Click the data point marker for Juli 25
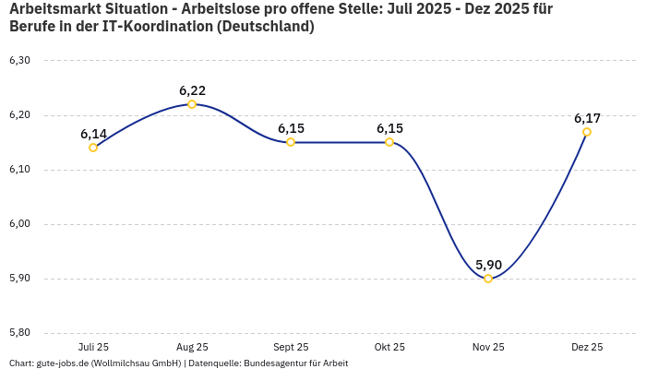click(93, 148)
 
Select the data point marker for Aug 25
click(192, 104)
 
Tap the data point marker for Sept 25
click(291, 142)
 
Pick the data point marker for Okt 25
click(389, 142)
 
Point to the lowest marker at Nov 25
click(488, 279)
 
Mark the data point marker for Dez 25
click(587, 132)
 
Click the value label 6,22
click(192, 90)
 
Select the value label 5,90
click(488, 265)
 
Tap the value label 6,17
click(587, 118)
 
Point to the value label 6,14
click(93, 134)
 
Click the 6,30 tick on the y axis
click(19, 61)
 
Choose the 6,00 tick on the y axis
click(19, 224)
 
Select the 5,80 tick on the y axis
click(19, 333)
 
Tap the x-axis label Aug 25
click(192, 347)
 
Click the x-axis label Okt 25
click(389, 347)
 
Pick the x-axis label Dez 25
click(587, 347)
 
